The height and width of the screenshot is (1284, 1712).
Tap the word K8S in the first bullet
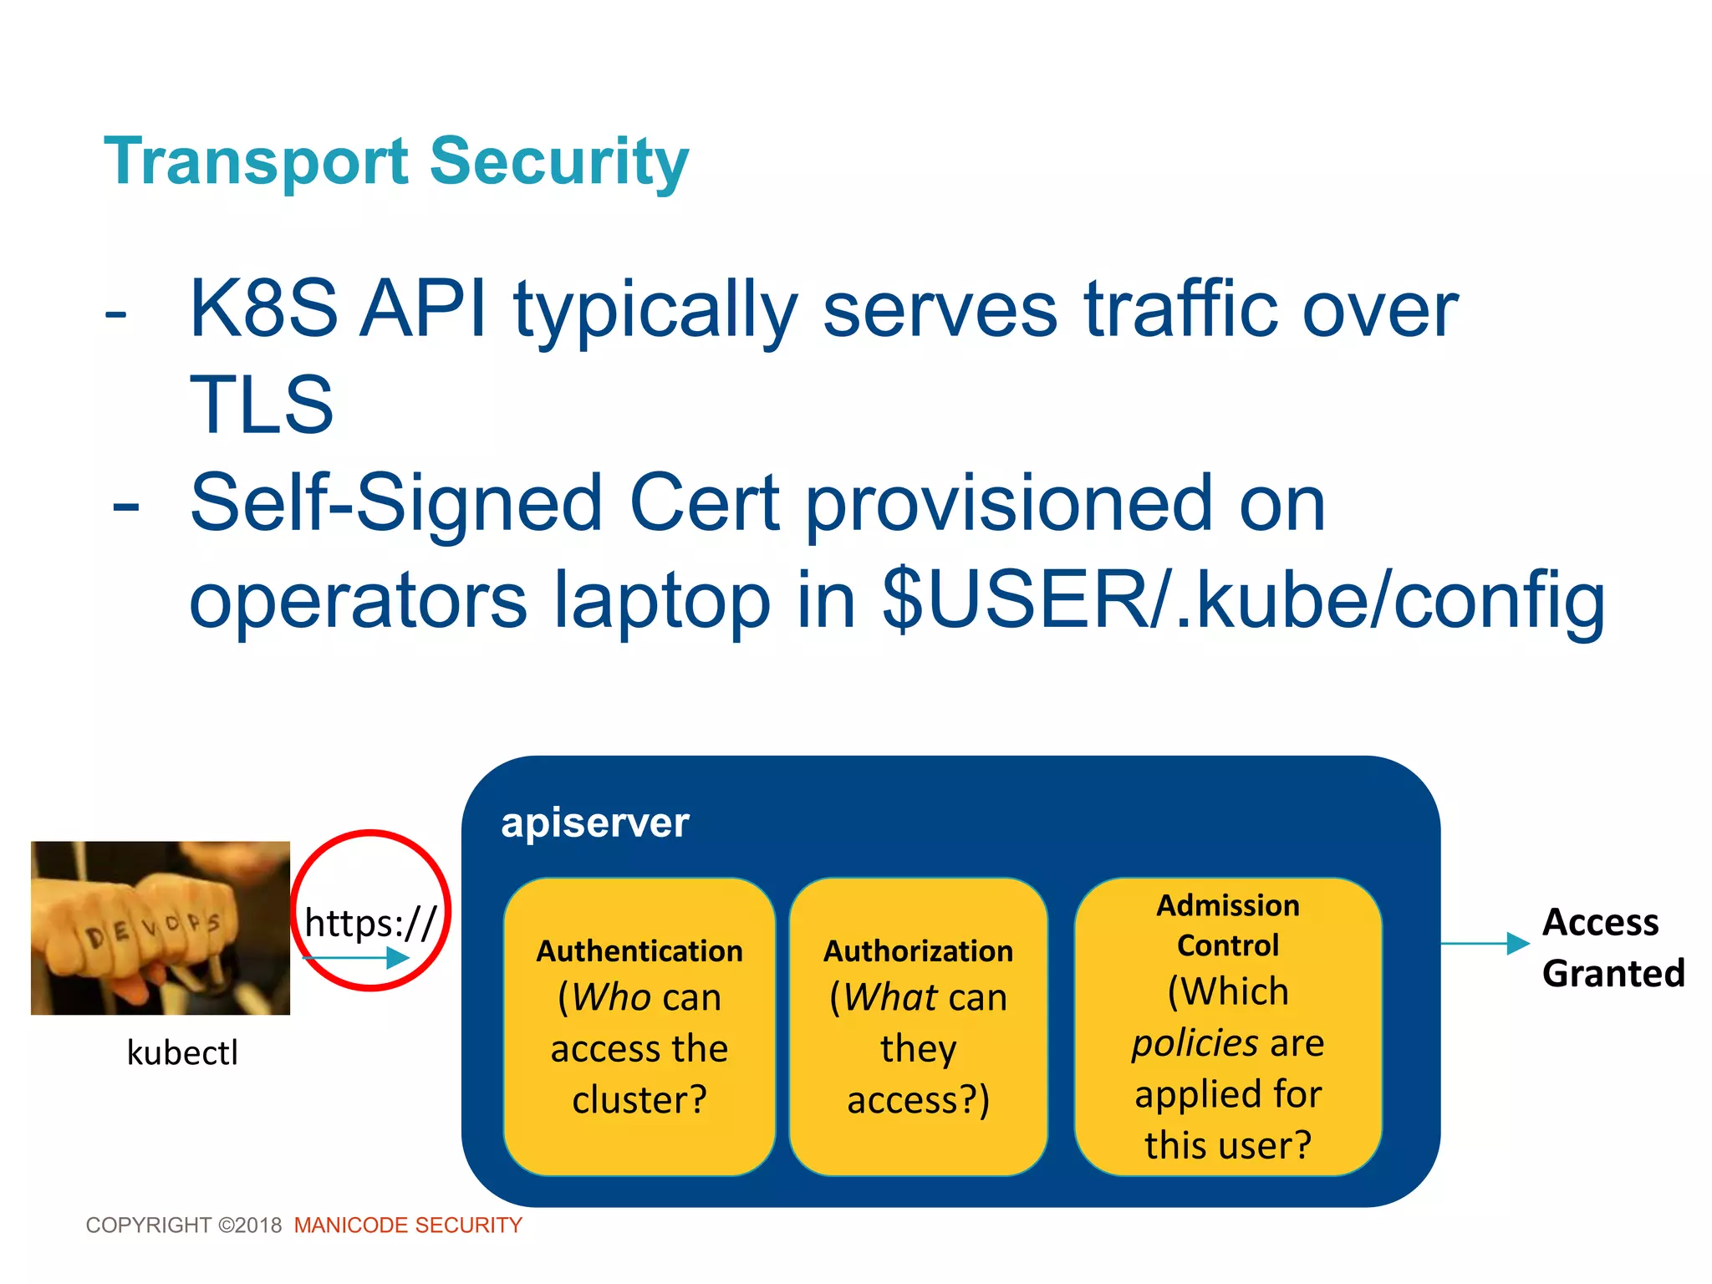(262, 309)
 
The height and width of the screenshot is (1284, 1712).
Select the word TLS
(262, 405)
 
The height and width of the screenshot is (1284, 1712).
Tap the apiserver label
(594, 823)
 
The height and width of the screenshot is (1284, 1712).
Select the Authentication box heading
(639, 951)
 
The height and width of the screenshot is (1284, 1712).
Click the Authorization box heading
(918, 951)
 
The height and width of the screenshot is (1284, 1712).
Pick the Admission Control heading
(1227, 925)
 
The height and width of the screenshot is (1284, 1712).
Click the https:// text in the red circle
(370, 923)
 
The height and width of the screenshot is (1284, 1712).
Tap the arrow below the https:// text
(356, 958)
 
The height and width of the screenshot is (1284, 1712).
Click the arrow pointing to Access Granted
(1485, 944)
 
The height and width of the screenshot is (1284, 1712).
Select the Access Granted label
(1613, 948)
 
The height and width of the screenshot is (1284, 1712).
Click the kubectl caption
(182, 1052)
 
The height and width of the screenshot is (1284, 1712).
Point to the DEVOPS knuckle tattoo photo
(160, 928)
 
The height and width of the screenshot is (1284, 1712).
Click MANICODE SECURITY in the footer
(408, 1225)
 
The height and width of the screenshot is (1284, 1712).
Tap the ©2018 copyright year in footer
(250, 1225)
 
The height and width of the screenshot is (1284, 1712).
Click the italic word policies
(1195, 1043)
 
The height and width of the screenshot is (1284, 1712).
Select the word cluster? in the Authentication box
(639, 1100)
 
